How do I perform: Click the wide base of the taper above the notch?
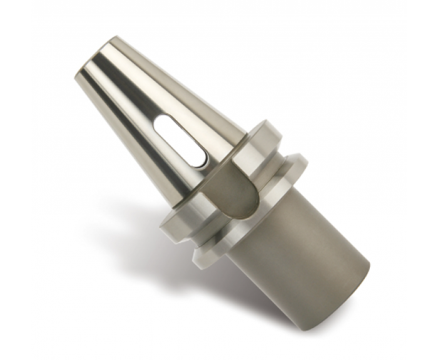(216, 166)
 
